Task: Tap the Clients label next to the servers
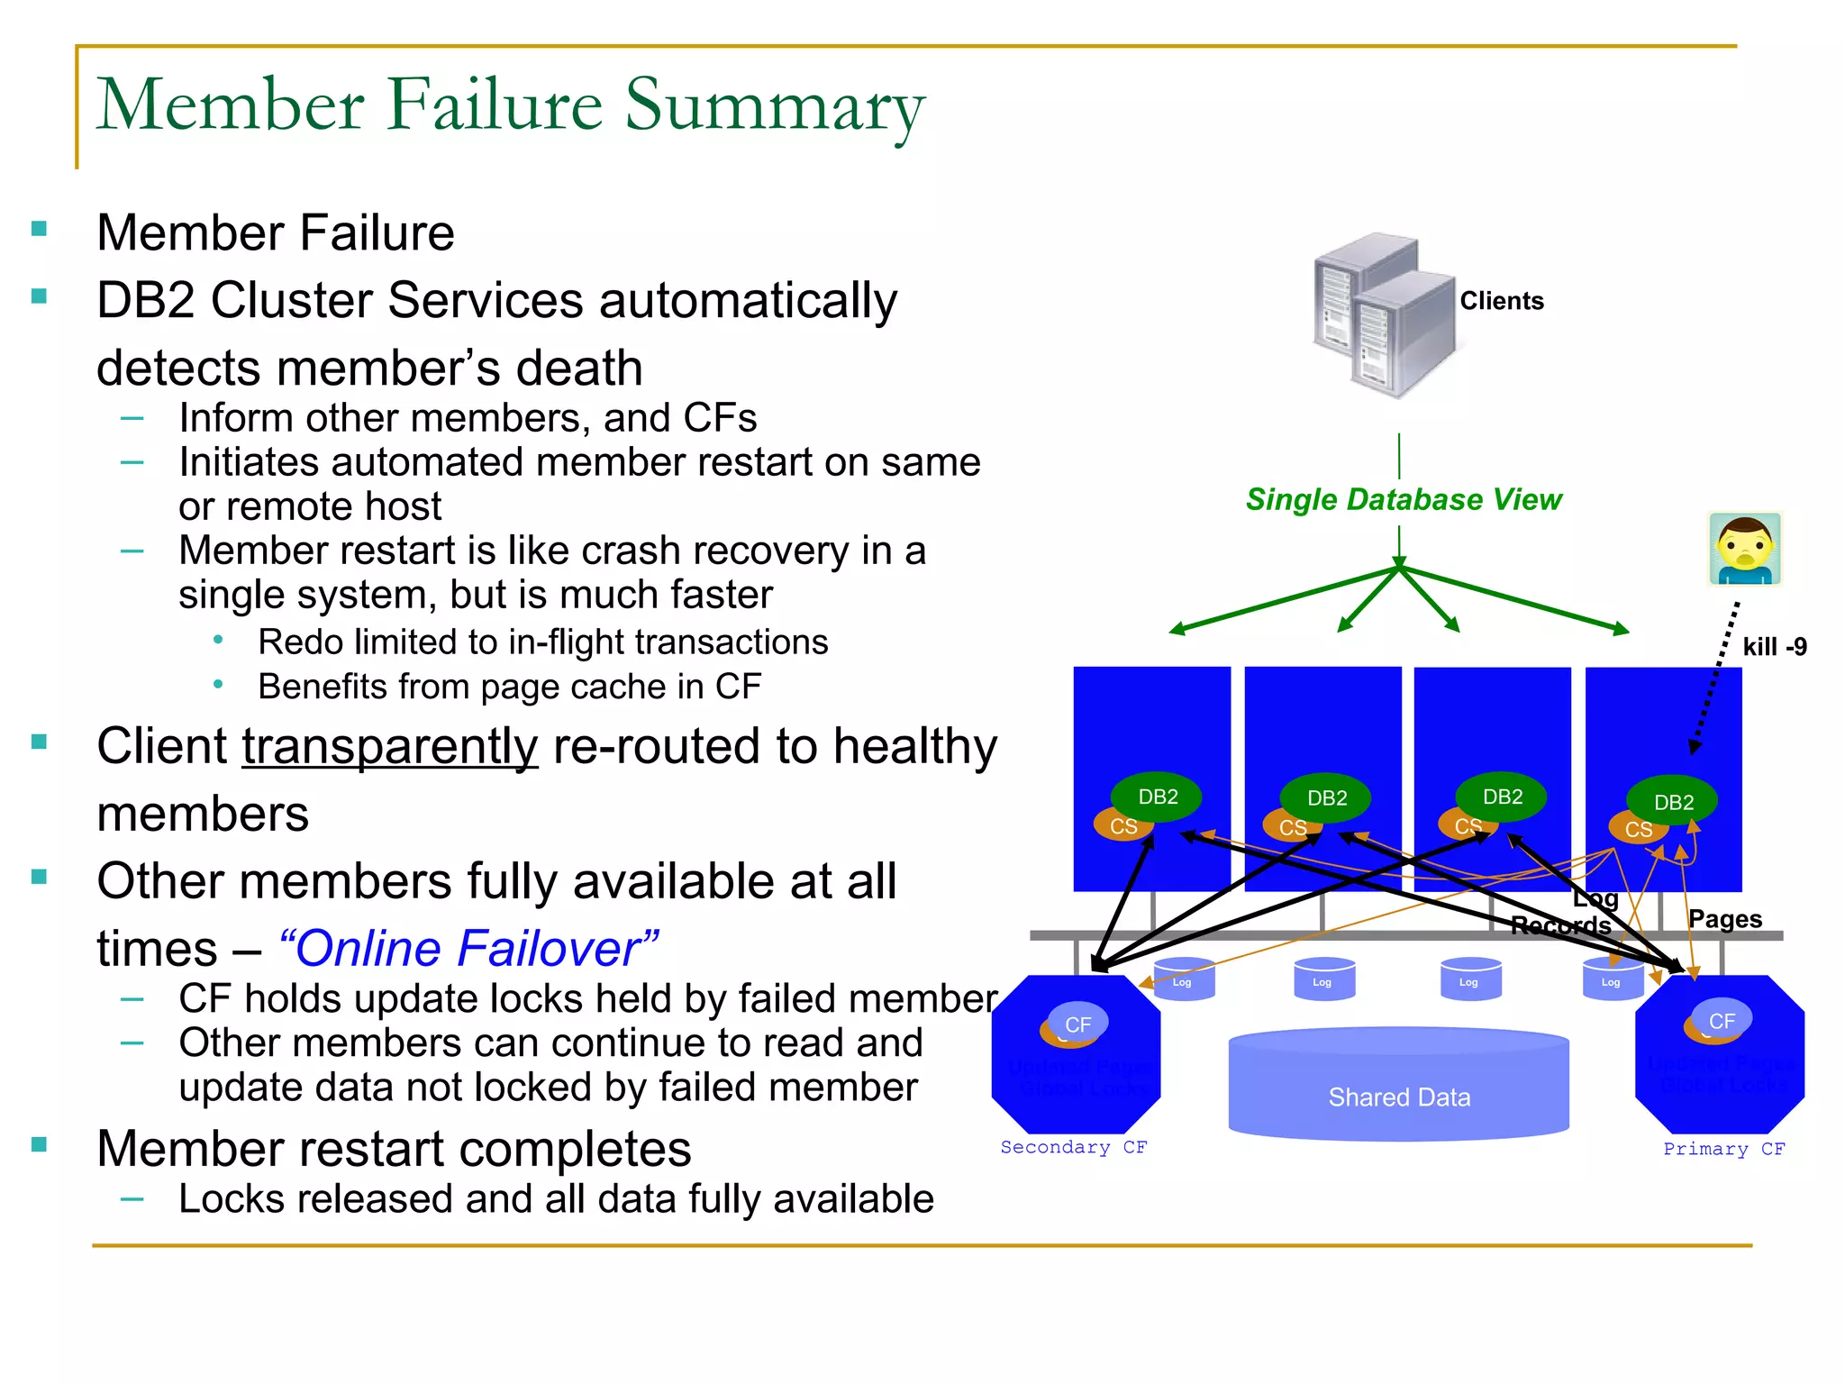(x=1501, y=301)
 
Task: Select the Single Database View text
(x=1403, y=499)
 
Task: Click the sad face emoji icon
(x=1745, y=549)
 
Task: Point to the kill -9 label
(x=1774, y=647)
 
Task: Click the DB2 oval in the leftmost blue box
(x=1157, y=797)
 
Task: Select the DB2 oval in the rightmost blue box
(x=1673, y=801)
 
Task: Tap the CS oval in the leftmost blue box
(x=1122, y=826)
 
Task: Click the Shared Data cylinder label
(x=1398, y=1097)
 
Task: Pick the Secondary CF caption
(x=1073, y=1147)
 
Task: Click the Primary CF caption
(x=1722, y=1149)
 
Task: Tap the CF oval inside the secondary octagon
(x=1077, y=1024)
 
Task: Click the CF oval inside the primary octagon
(x=1721, y=1021)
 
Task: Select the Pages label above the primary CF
(x=1724, y=919)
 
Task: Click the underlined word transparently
(x=389, y=747)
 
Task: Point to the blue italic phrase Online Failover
(x=468, y=949)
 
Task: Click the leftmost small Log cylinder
(x=1183, y=979)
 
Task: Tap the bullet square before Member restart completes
(x=39, y=1145)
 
